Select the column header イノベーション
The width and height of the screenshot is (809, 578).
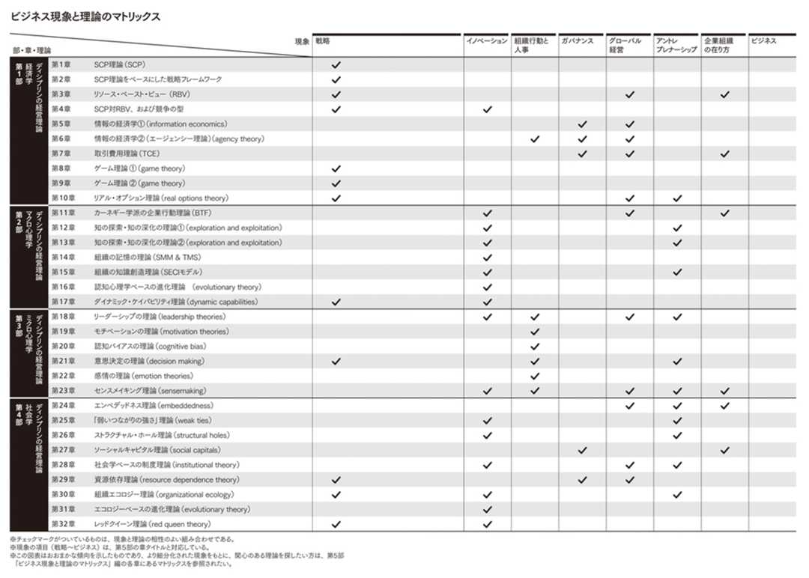(487, 41)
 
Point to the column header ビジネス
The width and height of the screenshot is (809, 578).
(764, 41)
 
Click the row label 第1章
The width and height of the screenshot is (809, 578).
(61, 65)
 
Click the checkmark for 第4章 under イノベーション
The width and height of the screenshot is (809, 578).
(488, 110)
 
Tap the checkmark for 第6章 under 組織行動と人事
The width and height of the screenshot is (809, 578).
(535, 139)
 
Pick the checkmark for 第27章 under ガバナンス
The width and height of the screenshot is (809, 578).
(583, 451)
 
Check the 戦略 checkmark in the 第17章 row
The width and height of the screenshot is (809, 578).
(336, 302)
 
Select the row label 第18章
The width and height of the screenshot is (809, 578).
(63, 317)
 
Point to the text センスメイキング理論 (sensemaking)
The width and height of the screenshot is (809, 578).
(150, 392)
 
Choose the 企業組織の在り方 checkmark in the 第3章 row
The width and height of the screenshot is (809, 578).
(724, 95)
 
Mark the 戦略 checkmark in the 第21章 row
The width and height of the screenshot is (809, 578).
(336, 362)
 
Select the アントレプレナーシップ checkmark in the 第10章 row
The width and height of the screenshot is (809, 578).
(677, 199)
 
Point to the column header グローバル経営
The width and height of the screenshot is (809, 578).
(625, 46)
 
